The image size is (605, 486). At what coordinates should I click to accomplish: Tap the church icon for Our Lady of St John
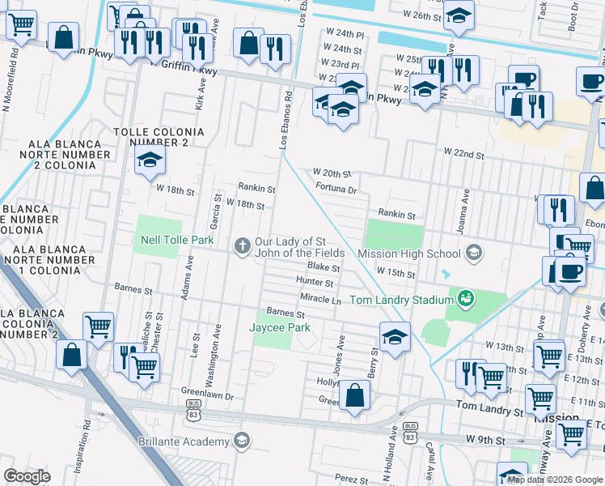[242, 246]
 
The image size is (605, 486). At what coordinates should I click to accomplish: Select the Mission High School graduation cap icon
[473, 254]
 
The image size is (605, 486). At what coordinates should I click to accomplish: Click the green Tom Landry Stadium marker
[465, 300]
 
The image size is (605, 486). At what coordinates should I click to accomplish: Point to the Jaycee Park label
[279, 327]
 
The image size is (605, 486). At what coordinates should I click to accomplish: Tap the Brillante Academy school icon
[240, 441]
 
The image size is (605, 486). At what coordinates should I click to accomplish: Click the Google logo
[27, 476]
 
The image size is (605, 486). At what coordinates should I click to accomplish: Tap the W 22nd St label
[463, 154]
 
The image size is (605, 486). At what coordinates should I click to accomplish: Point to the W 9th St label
[485, 439]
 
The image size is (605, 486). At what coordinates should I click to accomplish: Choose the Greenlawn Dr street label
[206, 397]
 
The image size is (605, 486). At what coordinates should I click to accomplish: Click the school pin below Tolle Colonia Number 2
[150, 162]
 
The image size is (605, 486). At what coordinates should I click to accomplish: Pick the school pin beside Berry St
[394, 339]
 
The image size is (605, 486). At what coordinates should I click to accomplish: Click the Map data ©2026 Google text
[555, 480]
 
